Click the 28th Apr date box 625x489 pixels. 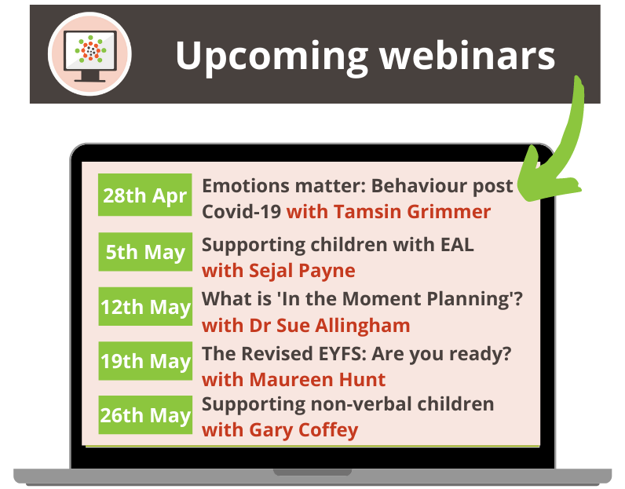(145, 195)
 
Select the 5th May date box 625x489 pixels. (145, 252)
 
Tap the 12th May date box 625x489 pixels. (145, 307)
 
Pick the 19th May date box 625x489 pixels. (145, 361)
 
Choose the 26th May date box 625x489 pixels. (145, 414)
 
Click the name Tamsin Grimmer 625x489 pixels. (412, 212)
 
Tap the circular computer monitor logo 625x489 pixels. (89, 53)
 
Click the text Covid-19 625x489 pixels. (241, 212)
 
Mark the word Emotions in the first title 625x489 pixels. (244, 186)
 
